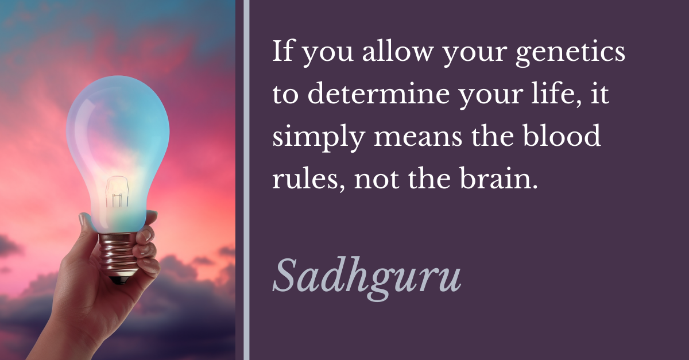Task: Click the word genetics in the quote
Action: pos(570,52)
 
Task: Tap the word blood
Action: pos(562,136)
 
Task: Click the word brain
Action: pos(498,178)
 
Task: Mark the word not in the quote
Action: pos(377,180)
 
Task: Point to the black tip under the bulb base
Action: pos(120,280)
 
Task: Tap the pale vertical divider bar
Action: pos(246,180)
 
